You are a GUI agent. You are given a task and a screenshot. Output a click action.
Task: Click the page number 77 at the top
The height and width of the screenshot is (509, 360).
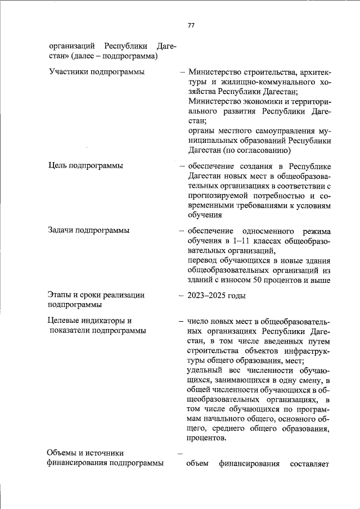click(191, 26)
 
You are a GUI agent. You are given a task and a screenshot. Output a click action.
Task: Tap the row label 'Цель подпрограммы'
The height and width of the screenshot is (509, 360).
click(86, 165)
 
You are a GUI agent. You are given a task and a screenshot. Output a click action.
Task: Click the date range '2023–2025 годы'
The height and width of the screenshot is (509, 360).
click(216, 295)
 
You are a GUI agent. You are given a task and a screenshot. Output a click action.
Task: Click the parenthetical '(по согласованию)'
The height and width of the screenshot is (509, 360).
click(256, 150)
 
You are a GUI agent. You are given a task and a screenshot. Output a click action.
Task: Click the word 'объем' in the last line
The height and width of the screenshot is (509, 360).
click(197, 463)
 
